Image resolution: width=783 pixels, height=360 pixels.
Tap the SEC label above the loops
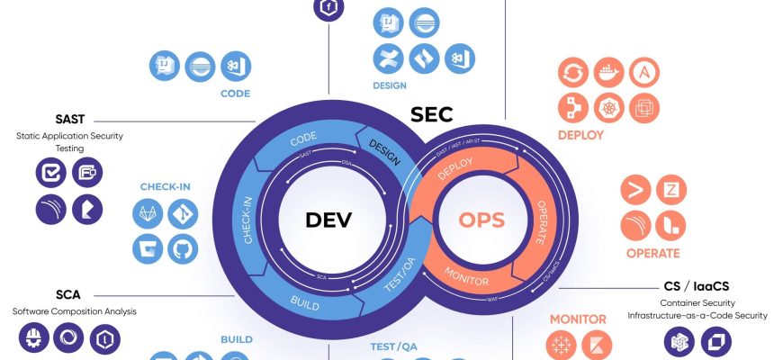432,115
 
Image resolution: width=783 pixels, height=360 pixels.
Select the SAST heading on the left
69,119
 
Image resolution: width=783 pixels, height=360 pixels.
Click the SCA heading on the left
68,294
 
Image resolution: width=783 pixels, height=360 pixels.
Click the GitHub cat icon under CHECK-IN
184,247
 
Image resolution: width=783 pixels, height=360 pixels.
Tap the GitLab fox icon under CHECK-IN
149,214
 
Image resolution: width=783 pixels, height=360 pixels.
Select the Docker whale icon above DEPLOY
608,72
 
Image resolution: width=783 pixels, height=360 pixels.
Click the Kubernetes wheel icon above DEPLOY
608,107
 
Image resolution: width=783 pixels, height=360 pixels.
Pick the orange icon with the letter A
643,72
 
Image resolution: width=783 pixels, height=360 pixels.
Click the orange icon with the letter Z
670,189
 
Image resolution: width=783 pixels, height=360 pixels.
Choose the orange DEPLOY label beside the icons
580,136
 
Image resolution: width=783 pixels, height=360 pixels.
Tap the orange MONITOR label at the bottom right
578,319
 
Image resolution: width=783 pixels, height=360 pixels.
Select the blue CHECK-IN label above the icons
166,186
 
